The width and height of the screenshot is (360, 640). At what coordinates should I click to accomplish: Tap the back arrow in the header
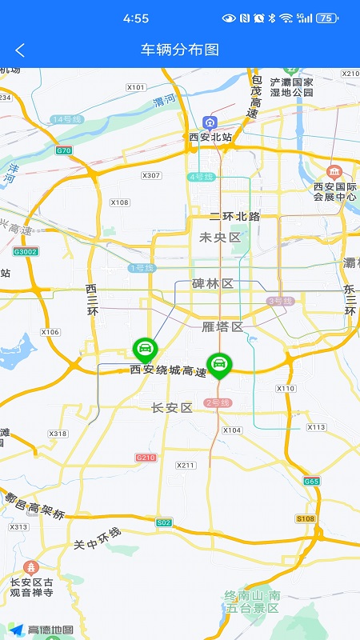(20, 50)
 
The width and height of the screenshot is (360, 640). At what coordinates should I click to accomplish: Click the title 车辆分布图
(180, 50)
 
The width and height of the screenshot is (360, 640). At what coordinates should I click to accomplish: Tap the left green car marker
(145, 349)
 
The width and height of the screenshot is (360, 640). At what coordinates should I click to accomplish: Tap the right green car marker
(218, 365)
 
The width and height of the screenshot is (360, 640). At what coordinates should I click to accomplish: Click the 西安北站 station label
(210, 137)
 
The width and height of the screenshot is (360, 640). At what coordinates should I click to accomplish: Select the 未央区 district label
(219, 238)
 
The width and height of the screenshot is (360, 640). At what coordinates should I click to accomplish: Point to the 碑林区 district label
(212, 284)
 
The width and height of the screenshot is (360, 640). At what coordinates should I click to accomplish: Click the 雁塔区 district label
(222, 326)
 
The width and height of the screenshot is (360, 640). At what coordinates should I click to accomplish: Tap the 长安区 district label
(172, 408)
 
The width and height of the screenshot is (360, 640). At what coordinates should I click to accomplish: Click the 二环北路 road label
(234, 217)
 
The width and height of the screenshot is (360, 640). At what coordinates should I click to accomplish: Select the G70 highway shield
(64, 150)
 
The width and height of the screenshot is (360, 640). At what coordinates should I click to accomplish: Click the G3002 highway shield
(26, 251)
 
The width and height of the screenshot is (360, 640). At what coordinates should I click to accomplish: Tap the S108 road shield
(305, 518)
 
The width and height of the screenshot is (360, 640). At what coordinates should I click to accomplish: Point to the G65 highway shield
(311, 481)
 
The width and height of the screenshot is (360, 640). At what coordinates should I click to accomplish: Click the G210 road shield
(145, 458)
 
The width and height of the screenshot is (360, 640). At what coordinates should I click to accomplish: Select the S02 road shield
(164, 522)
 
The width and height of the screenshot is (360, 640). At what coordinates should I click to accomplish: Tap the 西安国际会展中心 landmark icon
(334, 172)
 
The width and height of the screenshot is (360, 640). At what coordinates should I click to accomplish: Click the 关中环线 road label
(97, 538)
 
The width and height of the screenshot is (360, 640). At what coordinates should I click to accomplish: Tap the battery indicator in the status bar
(326, 18)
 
